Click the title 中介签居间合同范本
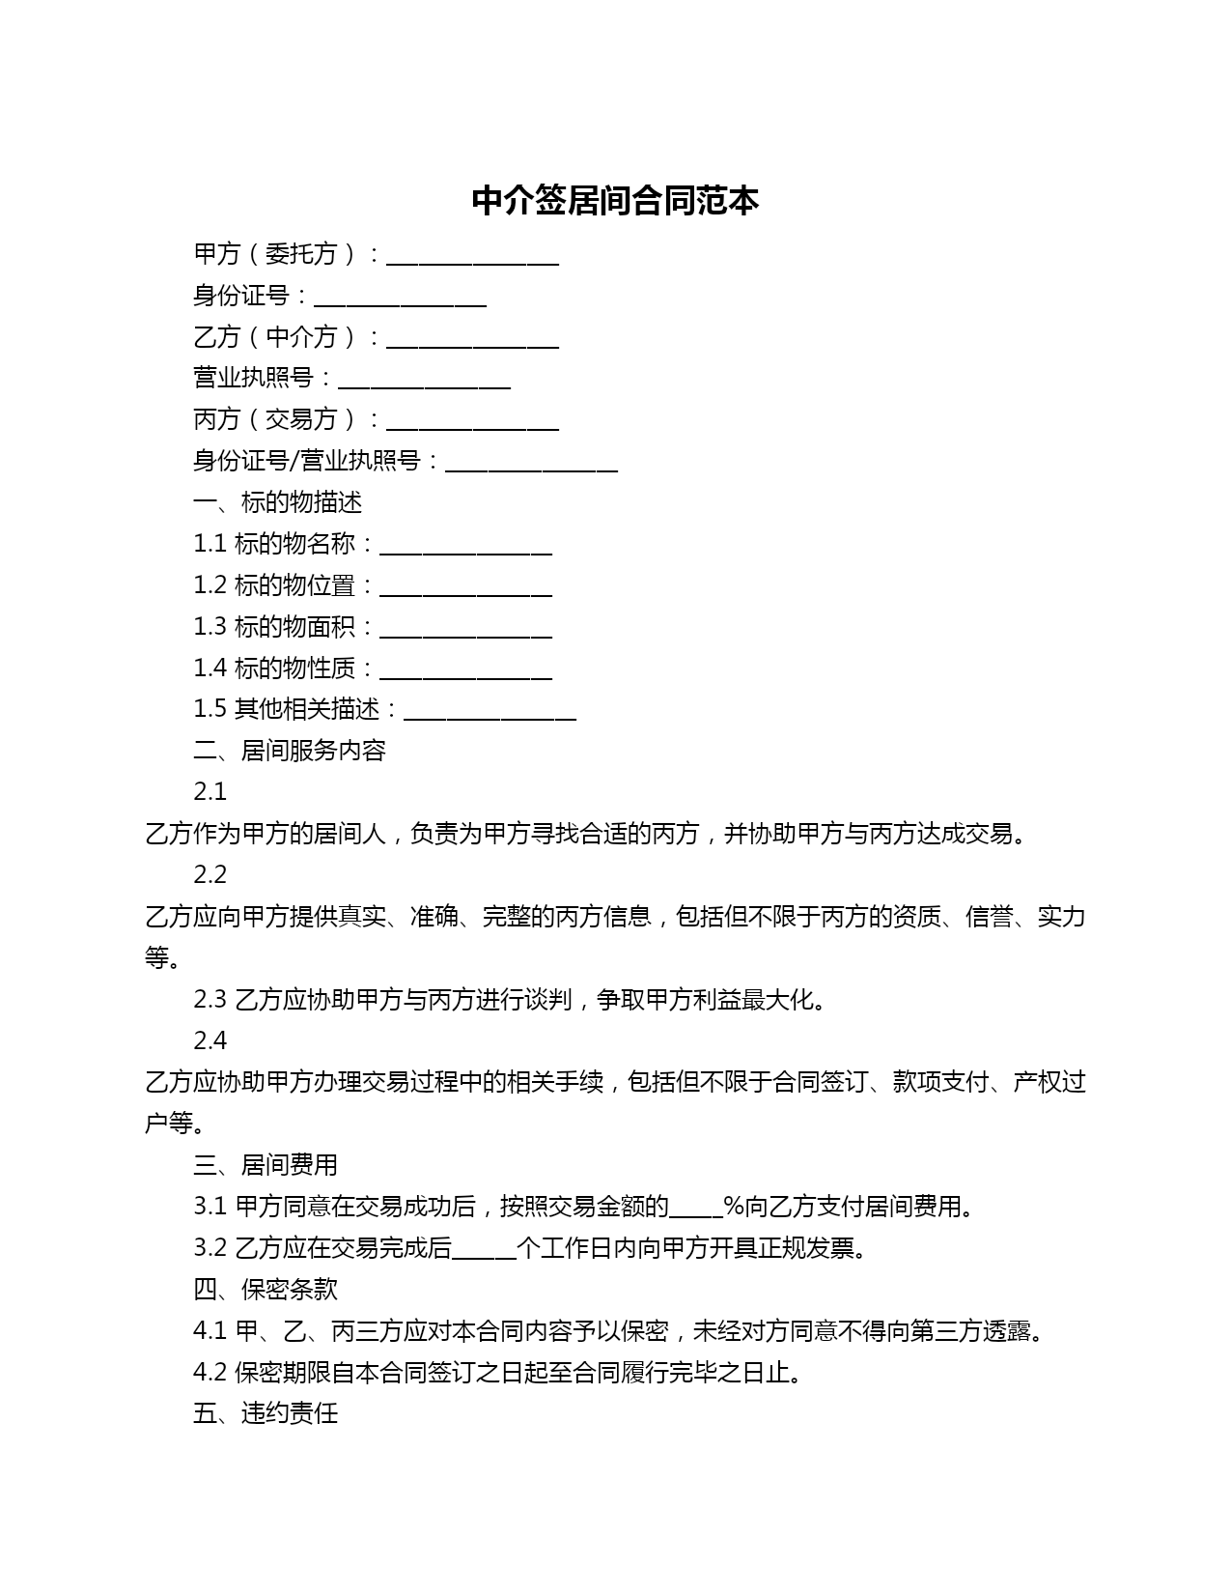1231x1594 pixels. point(615,200)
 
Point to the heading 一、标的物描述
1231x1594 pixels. point(278,502)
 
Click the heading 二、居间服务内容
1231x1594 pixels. point(290,751)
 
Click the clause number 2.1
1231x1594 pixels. point(210,792)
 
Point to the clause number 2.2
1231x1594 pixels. point(210,875)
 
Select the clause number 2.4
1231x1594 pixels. point(210,1040)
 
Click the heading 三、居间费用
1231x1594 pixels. point(266,1165)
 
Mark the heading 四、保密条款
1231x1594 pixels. point(266,1290)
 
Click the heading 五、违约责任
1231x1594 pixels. point(266,1414)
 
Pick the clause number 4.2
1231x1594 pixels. point(210,1373)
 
